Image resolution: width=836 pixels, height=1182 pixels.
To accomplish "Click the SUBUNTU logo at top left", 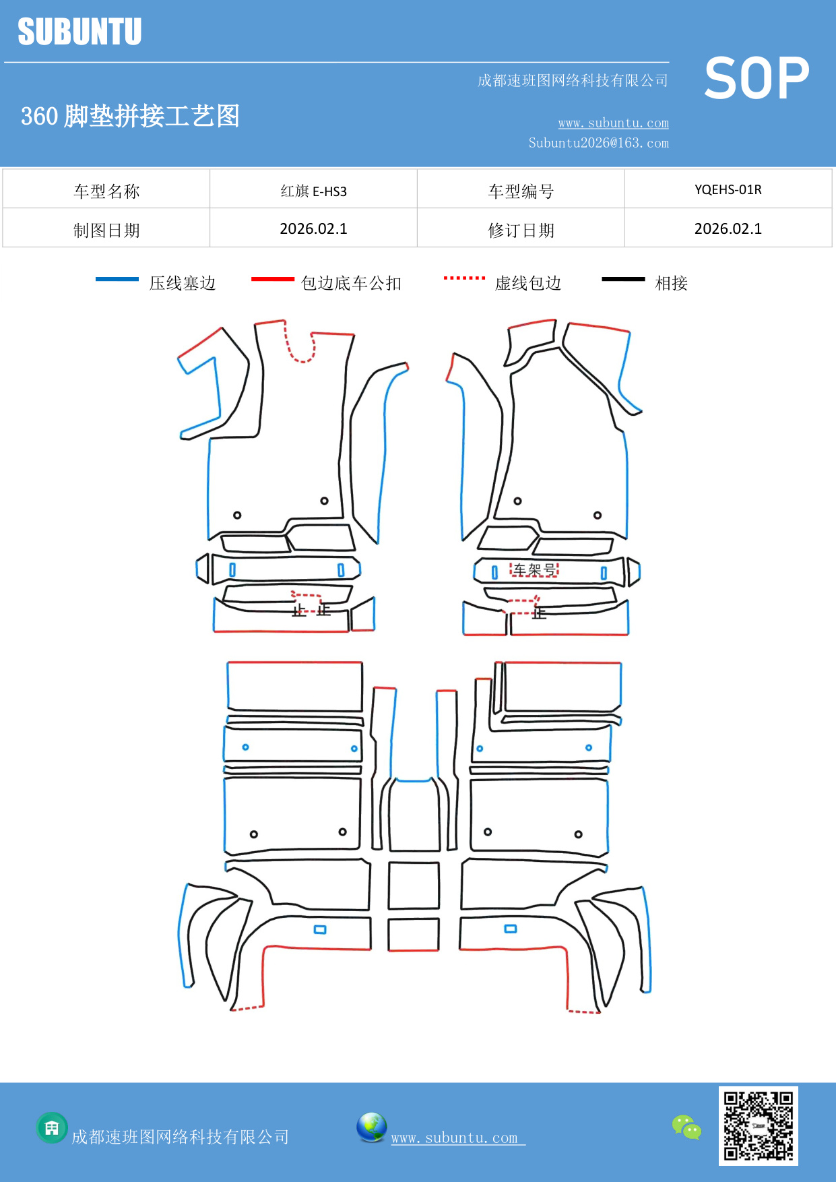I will click(79, 32).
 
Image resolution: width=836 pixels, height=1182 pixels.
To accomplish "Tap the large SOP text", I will click(757, 78).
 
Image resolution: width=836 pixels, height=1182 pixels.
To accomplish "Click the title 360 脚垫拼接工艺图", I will click(130, 116).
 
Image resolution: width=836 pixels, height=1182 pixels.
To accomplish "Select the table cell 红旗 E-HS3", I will click(313, 191).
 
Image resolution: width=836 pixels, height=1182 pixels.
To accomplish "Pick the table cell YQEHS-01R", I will click(728, 189).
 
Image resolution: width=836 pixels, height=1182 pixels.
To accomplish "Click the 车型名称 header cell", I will click(106, 191).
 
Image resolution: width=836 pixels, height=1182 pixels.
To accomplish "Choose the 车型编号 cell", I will click(521, 191).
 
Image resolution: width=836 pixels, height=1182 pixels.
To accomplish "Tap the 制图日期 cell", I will click(106, 230).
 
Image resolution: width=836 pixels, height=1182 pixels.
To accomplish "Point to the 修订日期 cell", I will click(521, 230).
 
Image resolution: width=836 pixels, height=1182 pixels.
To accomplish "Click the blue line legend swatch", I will click(117, 279).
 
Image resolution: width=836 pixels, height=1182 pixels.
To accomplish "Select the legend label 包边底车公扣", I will click(351, 283).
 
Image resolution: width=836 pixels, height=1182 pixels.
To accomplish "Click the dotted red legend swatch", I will click(464, 278).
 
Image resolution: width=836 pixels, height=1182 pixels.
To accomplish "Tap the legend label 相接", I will click(671, 283).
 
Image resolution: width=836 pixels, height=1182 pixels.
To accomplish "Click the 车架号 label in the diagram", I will click(534, 570).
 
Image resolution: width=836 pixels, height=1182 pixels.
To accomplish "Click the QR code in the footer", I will click(758, 1125).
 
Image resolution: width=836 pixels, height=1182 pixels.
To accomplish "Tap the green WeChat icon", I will click(686, 1127).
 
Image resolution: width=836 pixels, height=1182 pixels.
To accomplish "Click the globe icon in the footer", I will click(371, 1127).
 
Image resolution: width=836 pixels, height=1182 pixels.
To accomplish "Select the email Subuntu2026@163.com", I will click(598, 143).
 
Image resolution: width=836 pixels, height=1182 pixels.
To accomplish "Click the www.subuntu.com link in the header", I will click(613, 123).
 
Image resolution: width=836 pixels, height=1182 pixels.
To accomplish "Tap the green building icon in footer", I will click(52, 1127).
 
